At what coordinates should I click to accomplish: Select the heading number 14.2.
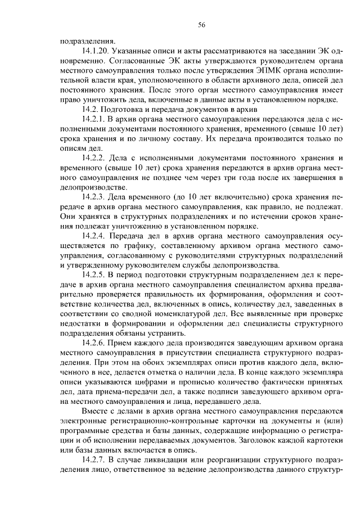[x=91, y=110]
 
